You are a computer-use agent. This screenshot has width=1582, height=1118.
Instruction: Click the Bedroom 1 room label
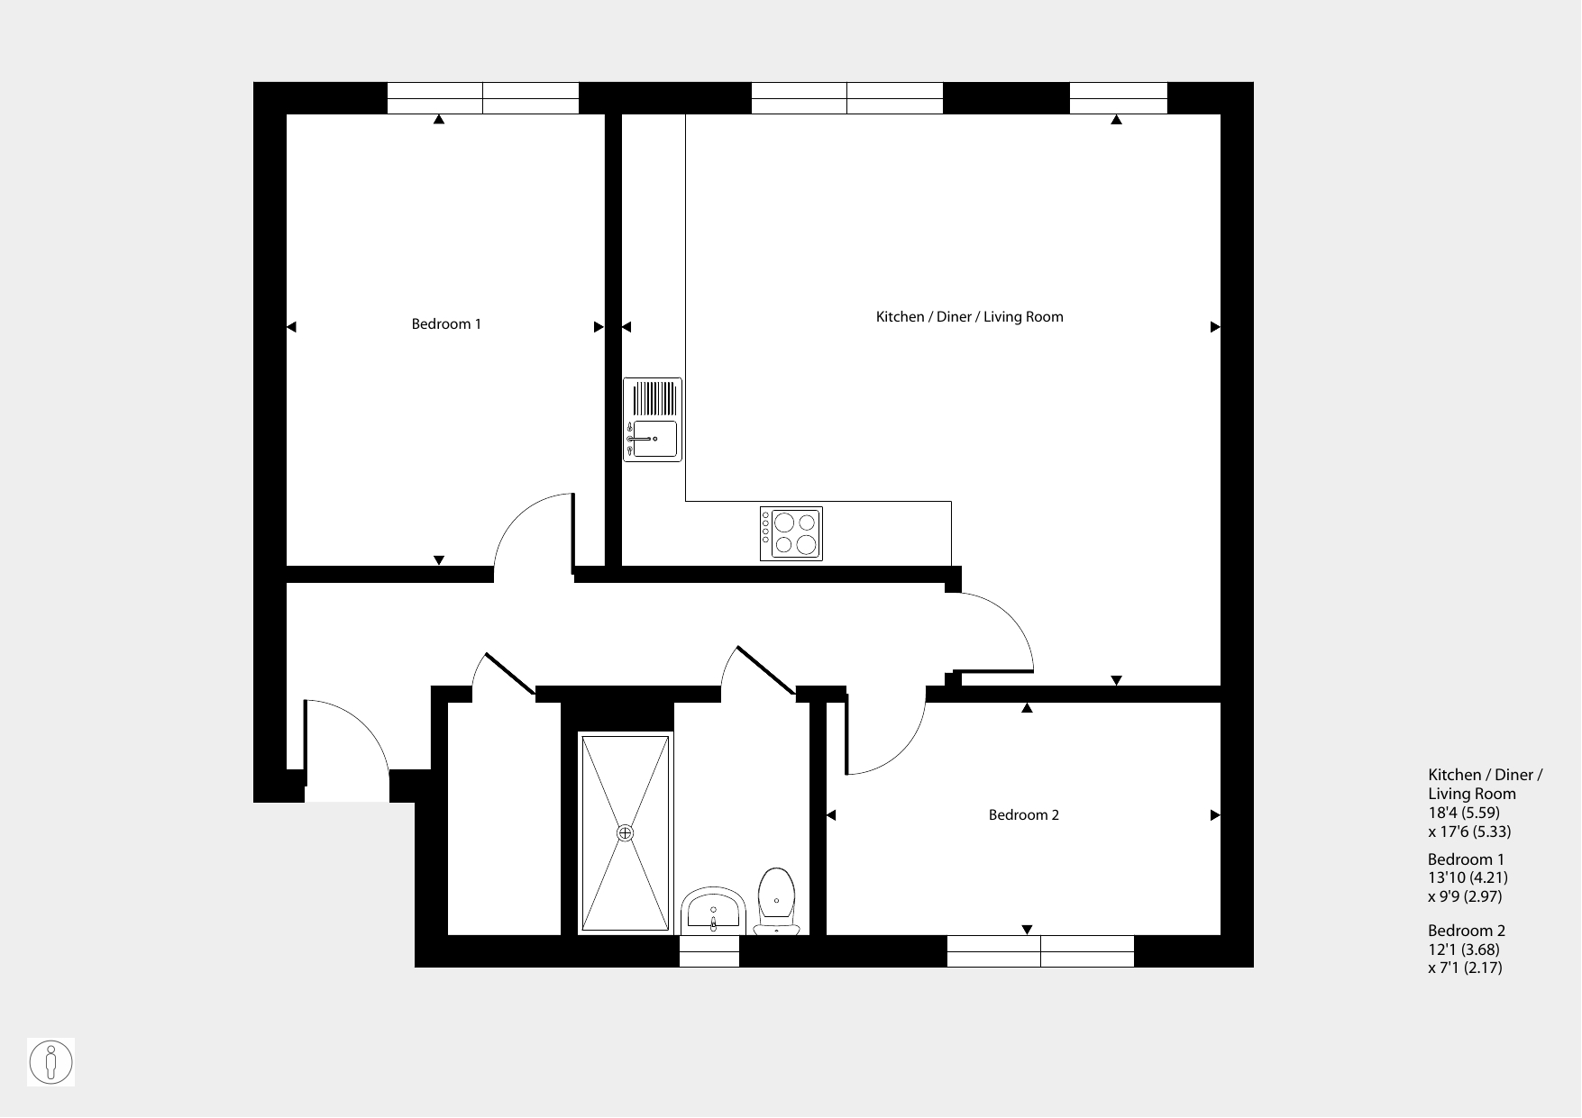click(446, 324)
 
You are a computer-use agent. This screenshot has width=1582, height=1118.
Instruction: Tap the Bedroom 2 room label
click(1024, 815)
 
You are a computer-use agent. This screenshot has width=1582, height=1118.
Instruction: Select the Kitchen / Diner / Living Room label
click(970, 317)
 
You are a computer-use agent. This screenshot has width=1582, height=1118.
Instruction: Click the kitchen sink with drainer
click(653, 420)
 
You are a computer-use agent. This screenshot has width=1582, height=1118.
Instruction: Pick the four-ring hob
click(791, 533)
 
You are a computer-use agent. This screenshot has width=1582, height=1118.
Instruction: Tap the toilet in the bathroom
click(776, 901)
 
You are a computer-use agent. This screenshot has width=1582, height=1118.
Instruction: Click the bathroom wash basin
click(713, 909)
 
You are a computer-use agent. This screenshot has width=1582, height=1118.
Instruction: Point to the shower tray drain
click(626, 833)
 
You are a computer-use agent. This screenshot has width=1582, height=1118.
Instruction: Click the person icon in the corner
click(50, 1062)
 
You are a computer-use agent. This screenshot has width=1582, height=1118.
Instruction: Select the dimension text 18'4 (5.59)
click(1464, 813)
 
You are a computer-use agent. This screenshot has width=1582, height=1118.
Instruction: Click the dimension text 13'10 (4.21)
click(1468, 877)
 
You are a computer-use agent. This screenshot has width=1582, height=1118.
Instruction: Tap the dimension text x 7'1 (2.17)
click(1465, 968)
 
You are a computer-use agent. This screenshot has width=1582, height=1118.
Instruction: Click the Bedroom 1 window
click(483, 98)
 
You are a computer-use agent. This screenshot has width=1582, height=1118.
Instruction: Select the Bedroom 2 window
click(1040, 951)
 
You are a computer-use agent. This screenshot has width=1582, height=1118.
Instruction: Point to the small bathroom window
click(709, 951)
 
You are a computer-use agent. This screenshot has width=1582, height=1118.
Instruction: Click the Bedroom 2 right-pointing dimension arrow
click(1215, 815)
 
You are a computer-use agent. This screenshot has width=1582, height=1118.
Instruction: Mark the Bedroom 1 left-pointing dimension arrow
click(291, 327)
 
